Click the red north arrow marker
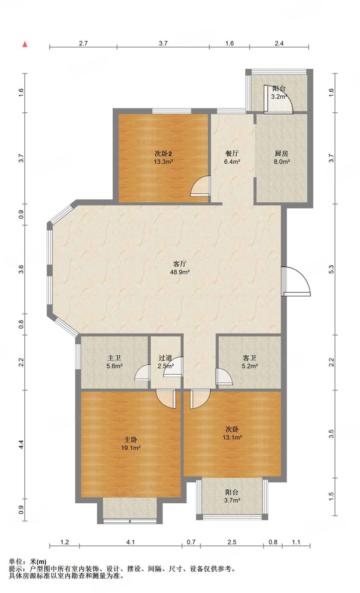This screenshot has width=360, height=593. [25, 44]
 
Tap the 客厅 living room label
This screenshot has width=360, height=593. [180, 264]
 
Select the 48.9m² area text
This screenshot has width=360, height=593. [180, 272]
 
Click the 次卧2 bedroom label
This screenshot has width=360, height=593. [163, 153]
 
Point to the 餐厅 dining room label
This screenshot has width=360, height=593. [232, 153]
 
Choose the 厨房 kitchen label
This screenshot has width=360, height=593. [282, 153]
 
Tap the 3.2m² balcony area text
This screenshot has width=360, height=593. [279, 97]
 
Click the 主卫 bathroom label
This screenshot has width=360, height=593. [114, 358]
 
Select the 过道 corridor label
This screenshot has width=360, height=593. [165, 358]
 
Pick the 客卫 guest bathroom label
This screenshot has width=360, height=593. [250, 358]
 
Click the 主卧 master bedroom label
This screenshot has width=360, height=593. [131, 440]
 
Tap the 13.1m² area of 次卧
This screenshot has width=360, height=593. [232, 438]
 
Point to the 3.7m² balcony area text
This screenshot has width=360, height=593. [232, 500]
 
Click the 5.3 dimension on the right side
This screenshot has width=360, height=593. [331, 269]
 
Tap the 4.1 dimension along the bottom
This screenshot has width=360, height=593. [131, 542]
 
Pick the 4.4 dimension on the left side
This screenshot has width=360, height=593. [21, 445]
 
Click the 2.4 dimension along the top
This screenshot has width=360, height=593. [279, 43]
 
